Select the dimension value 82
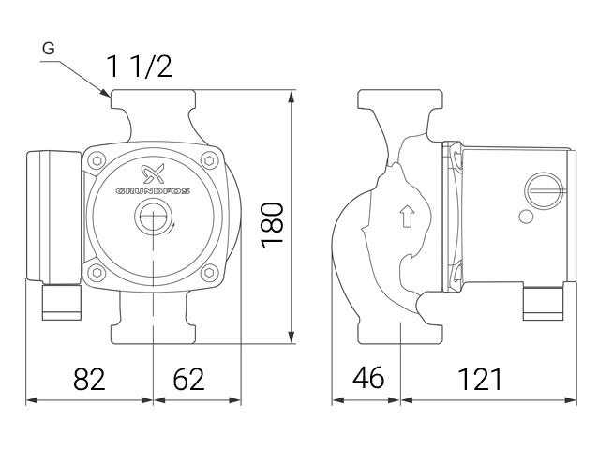(89, 379)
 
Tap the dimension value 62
(188, 379)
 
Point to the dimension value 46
(367, 379)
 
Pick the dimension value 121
(480, 379)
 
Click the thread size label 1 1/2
(139, 66)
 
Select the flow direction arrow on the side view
(406, 217)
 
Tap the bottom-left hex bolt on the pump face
(97, 274)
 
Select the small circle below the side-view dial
(526, 218)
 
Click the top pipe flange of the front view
(153, 98)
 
